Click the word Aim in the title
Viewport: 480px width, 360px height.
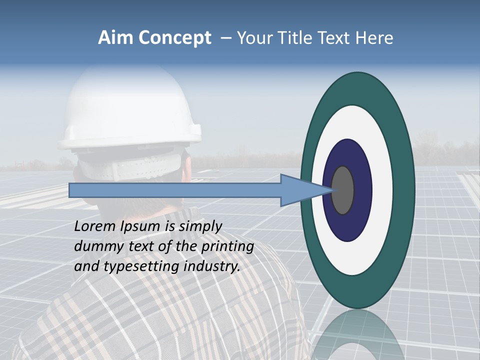coord(116,38)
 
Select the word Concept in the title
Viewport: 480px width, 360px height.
coord(174,38)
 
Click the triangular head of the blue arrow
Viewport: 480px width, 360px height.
coord(300,190)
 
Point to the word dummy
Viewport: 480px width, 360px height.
coord(95,246)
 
